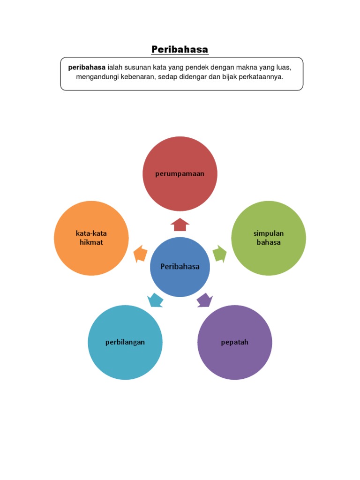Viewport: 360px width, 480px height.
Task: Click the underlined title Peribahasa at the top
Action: (x=180, y=49)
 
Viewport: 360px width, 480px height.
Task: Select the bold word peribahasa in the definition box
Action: (x=87, y=67)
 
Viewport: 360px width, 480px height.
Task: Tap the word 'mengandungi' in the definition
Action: (x=95, y=76)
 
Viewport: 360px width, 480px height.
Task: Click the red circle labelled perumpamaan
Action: (x=180, y=174)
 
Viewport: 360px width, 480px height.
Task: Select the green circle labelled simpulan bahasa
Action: (x=269, y=238)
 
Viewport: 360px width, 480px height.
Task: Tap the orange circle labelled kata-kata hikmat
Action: (x=91, y=238)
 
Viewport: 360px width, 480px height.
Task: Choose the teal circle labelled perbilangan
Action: (x=125, y=342)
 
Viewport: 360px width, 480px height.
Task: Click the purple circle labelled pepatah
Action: (x=234, y=342)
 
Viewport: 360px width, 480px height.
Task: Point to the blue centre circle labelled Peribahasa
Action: (x=180, y=267)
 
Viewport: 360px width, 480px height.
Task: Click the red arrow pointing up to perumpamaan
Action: (x=180, y=225)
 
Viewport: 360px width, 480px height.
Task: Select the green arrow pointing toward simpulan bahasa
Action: (x=219, y=254)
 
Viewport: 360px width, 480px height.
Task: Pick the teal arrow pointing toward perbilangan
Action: (x=155, y=300)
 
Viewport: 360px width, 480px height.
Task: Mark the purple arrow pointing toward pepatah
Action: (x=204, y=300)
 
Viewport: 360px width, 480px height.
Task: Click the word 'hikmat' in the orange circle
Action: (x=91, y=242)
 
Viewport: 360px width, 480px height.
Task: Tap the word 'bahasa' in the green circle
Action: (x=269, y=242)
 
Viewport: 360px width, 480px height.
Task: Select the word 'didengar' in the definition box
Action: (x=193, y=76)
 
